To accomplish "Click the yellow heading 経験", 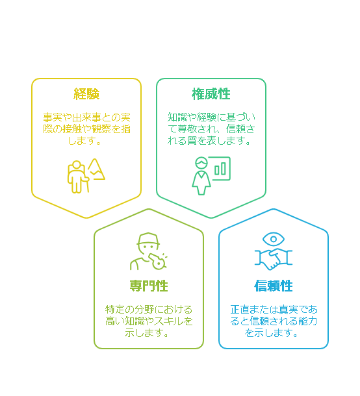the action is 86,94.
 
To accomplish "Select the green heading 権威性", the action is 211,94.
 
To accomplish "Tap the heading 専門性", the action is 149,286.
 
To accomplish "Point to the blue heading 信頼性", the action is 274,286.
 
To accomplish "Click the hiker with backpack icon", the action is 78,177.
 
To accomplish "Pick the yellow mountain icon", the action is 96,169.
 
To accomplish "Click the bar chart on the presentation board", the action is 220,169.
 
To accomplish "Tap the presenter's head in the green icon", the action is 201,163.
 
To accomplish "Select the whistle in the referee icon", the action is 157,261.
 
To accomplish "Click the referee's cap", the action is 148,239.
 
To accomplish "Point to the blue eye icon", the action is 274,239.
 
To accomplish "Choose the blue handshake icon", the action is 274,259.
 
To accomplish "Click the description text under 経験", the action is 86,129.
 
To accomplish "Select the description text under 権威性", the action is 211,129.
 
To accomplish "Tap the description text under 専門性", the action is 149,321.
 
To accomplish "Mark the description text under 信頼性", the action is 274,321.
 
